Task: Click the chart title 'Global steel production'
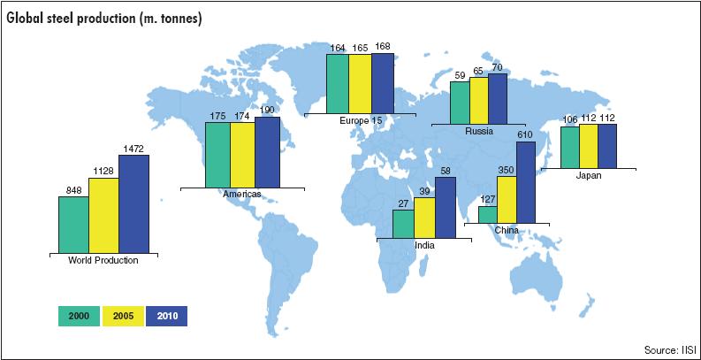point(105,18)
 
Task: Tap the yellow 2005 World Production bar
point(103,215)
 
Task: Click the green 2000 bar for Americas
point(217,154)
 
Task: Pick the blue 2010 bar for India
point(445,207)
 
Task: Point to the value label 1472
point(134,148)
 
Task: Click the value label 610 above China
point(526,134)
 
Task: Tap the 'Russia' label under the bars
point(478,131)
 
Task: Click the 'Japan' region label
point(587,174)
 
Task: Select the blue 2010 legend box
point(166,316)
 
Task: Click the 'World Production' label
point(103,259)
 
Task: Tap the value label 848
point(73,189)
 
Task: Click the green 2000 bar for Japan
point(569,146)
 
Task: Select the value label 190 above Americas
point(267,110)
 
